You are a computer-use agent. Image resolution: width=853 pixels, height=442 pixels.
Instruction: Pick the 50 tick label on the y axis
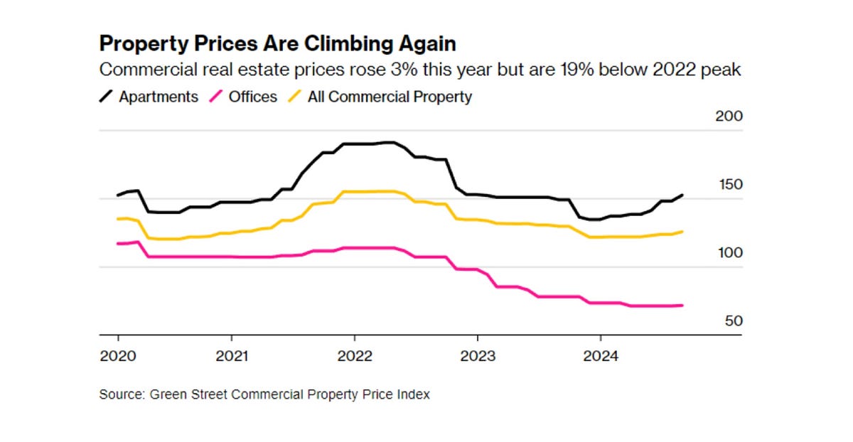pos(734,321)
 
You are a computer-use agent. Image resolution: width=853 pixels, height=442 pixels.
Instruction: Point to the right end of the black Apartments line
pos(682,195)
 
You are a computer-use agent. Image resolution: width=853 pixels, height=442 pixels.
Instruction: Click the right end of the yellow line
pos(682,232)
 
